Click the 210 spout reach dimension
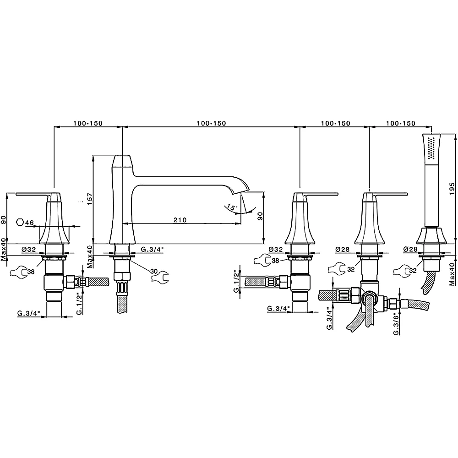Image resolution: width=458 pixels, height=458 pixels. [180, 220]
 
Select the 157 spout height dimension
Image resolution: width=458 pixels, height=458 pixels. [90, 199]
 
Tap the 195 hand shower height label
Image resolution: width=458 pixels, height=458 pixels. [452, 188]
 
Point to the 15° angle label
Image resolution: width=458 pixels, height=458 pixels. [231, 207]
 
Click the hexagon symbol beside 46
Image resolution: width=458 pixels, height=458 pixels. [20, 222]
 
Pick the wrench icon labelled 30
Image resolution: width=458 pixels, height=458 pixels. [160, 277]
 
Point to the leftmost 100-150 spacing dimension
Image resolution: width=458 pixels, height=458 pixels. [88, 124]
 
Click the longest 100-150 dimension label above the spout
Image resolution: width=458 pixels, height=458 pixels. [211, 124]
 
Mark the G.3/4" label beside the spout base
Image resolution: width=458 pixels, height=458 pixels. [152, 249]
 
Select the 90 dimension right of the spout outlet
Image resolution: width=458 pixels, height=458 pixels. [260, 216]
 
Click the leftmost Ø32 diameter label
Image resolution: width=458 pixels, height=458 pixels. [28, 249]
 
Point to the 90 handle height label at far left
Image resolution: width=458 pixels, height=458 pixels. [4, 219]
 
